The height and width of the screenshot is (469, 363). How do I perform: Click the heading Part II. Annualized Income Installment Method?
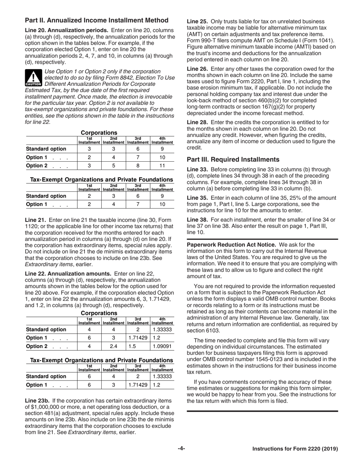(x=97, y=20)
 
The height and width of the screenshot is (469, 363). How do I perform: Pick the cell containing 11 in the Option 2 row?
(x=162, y=165)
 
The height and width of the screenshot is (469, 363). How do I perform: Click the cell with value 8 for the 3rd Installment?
(x=138, y=165)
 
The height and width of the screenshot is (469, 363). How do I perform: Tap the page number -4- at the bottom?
(x=181, y=449)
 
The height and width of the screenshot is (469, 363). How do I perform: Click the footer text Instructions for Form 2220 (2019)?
(x=295, y=449)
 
